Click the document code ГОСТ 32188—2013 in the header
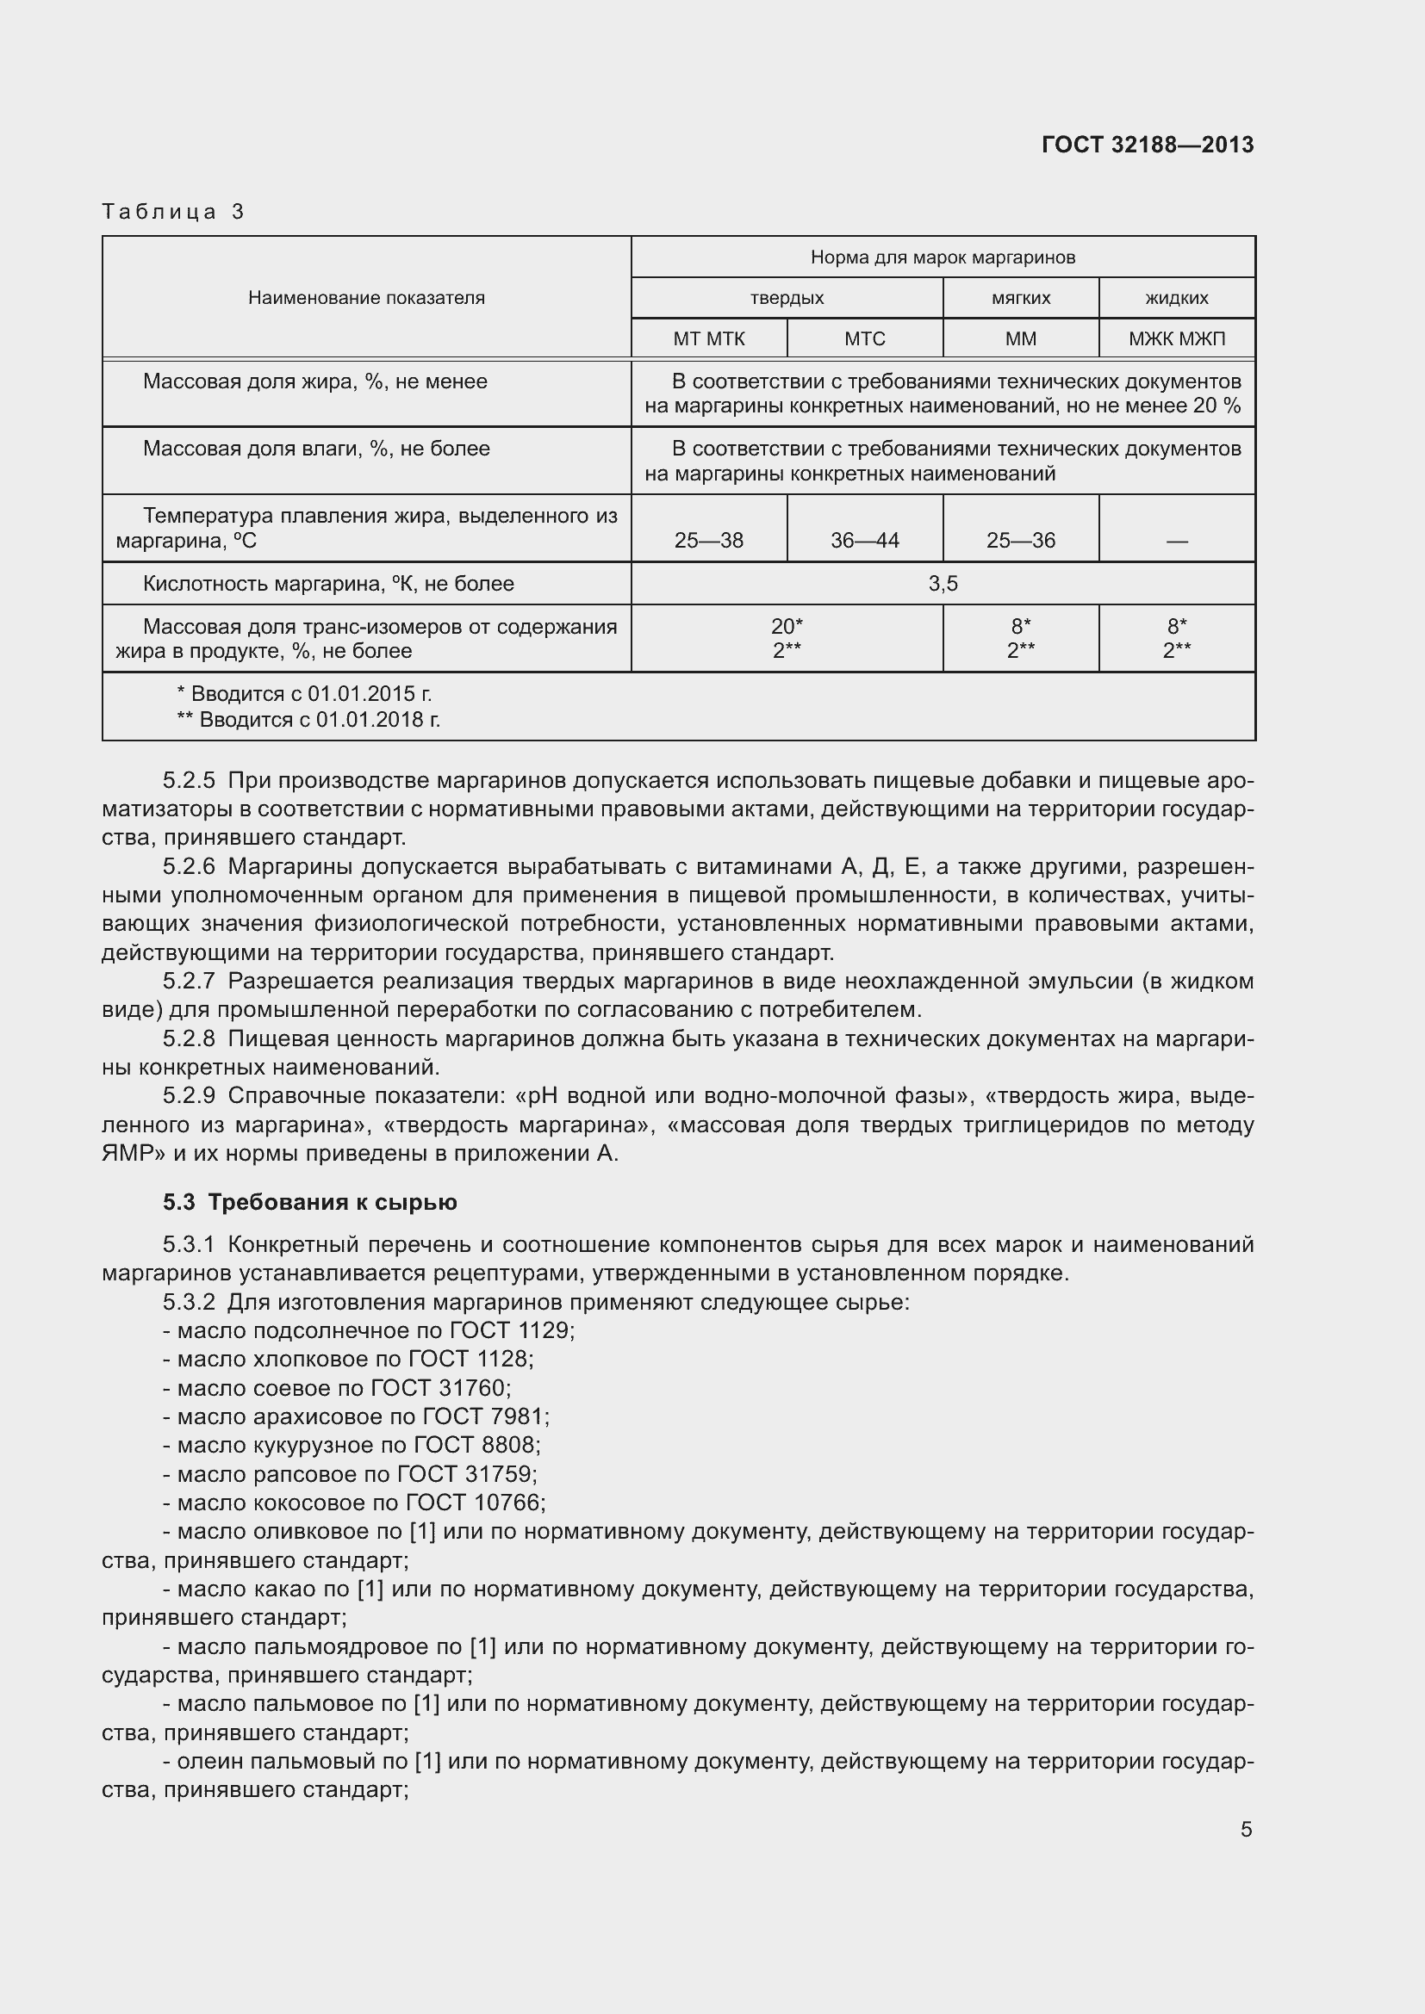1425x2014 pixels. pos(1147,145)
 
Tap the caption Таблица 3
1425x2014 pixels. pos(173,212)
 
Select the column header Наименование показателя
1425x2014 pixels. pos(366,297)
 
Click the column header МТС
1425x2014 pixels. pos(864,338)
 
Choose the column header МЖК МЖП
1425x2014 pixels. pos(1177,338)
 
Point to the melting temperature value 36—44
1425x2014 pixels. pos(864,541)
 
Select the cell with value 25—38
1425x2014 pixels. pos(708,541)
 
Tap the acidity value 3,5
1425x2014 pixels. pos(943,583)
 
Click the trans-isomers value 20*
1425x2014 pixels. pos(787,626)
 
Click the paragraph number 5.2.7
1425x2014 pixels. pos(189,981)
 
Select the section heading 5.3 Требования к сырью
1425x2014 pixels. pos(310,1202)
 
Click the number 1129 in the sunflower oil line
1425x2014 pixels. pos(543,1330)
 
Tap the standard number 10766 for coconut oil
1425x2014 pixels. pos(507,1503)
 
